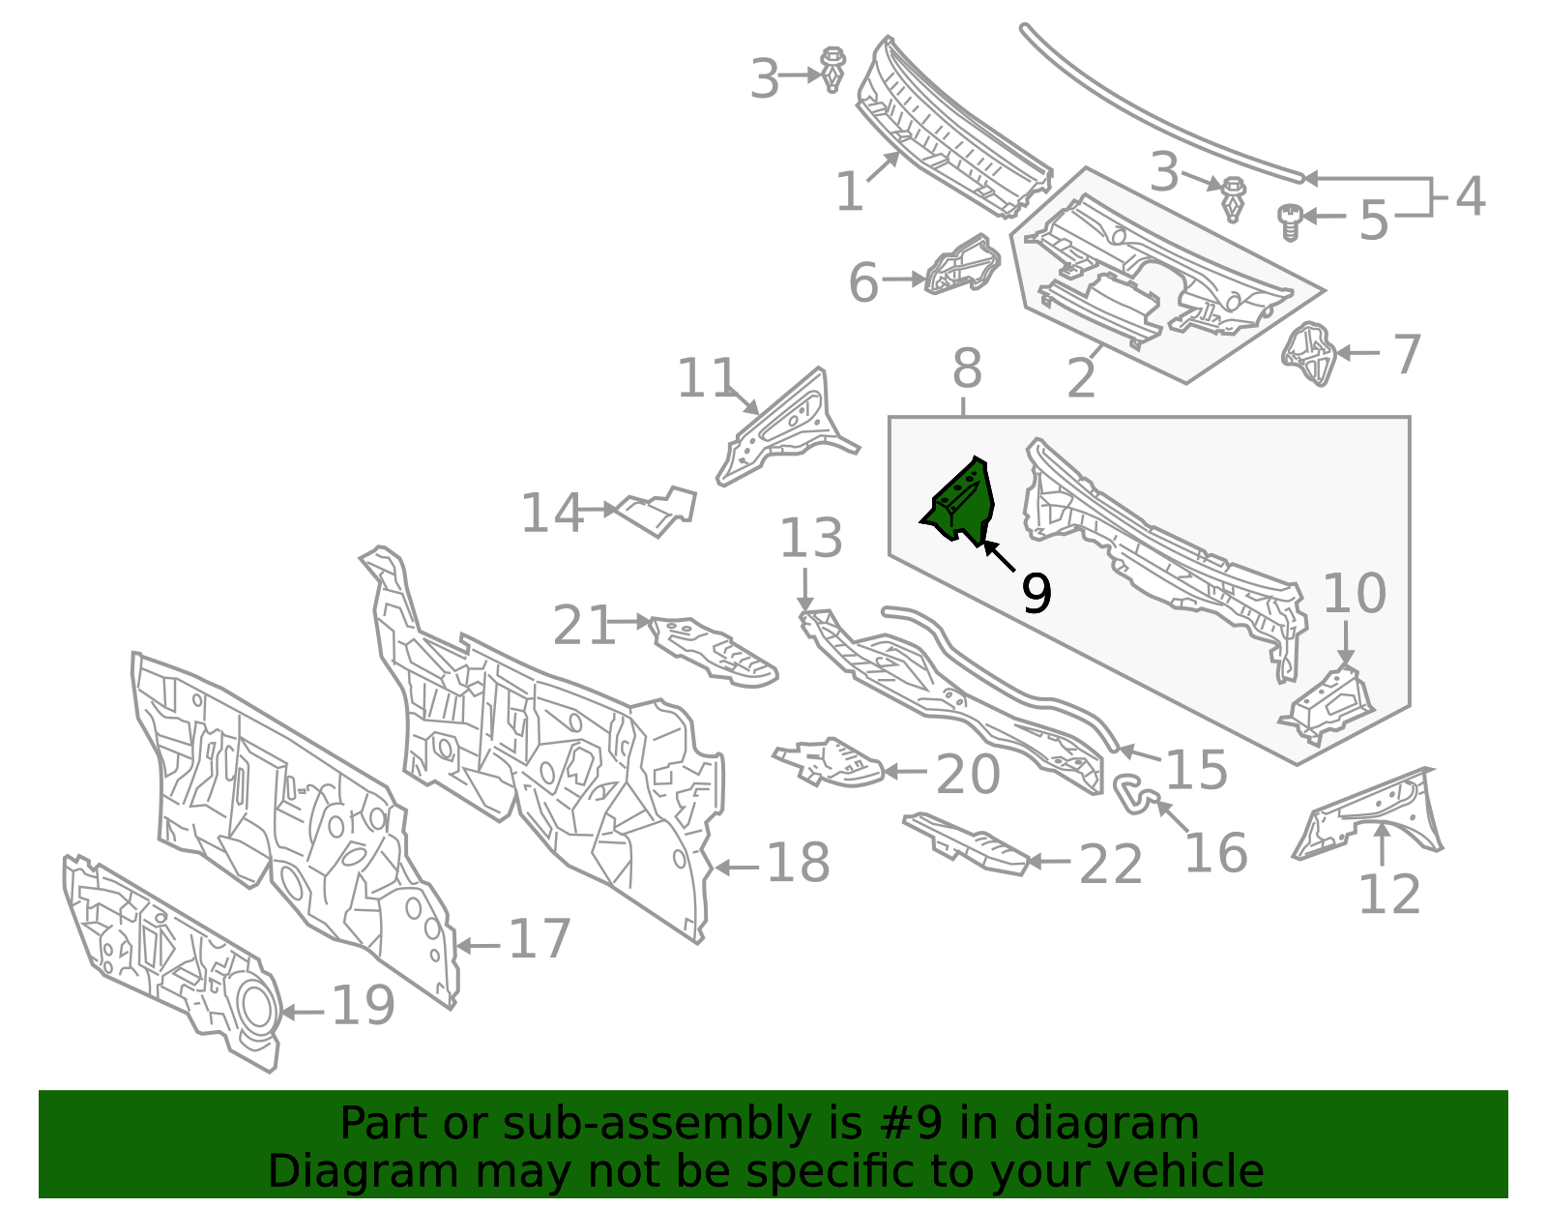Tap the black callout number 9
(1036, 593)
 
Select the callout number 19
(364, 1006)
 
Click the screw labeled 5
(1289, 222)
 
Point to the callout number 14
(552, 513)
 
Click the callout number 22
(1111, 865)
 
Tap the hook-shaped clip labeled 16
(1136, 792)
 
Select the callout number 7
(1407, 355)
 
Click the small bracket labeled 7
(1308, 354)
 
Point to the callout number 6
(864, 281)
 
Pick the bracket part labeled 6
(962, 264)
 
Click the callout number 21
(584, 625)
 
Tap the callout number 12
(1389, 894)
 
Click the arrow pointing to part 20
(905, 771)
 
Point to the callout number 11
(706, 377)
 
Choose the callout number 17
(540, 940)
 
